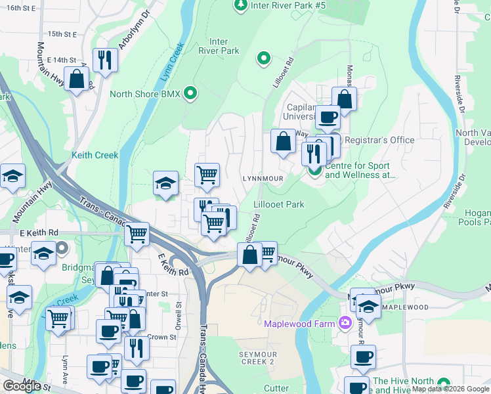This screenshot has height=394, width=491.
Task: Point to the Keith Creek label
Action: coord(95,156)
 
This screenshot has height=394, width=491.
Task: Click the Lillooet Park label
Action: coord(279,205)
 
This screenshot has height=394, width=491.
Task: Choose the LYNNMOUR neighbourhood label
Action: coord(263,179)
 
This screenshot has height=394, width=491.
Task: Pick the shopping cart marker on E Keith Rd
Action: coord(137,234)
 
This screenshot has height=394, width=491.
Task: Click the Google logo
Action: coord(22,386)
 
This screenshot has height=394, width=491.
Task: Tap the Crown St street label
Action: coord(163,338)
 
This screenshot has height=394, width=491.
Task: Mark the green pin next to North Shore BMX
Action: coord(191,93)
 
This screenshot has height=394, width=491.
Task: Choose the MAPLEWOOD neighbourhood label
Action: coord(405,307)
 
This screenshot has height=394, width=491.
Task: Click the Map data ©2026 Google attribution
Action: coord(451,389)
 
